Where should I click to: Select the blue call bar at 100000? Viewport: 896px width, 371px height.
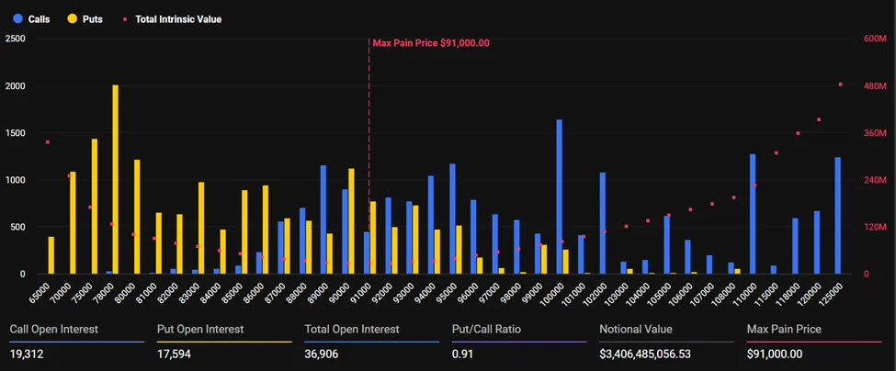click(x=559, y=197)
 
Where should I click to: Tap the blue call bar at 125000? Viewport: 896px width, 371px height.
click(x=837, y=216)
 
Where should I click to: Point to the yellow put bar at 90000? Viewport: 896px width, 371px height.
click(x=351, y=221)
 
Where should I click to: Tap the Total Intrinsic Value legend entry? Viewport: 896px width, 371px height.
click(x=173, y=18)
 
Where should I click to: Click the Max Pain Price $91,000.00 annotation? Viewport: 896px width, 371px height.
click(x=430, y=42)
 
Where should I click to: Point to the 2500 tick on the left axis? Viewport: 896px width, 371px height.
click(x=15, y=39)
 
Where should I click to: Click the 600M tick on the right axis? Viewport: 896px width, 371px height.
click(x=874, y=39)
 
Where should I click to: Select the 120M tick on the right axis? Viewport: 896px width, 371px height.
click(x=874, y=227)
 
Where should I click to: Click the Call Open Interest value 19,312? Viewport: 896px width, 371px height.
click(x=28, y=354)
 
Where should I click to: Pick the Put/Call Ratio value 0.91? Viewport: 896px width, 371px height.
click(x=461, y=354)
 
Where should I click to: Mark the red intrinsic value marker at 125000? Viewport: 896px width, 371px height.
click(x=840, y=84)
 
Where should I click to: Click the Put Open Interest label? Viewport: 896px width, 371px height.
click(x=200, y=329)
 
